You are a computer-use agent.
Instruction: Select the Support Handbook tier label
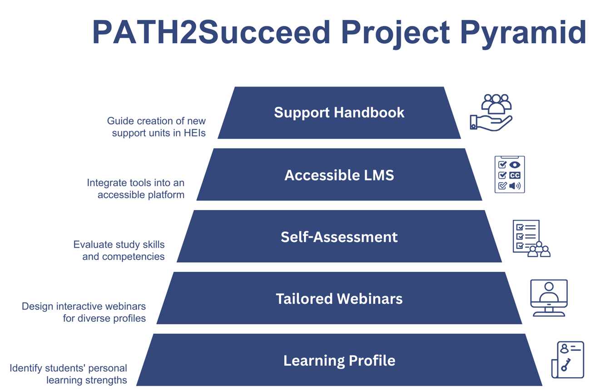click(x=339, y=112)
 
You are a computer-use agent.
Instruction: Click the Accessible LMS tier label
click(x=339, y=175)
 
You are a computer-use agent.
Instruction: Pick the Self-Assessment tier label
click(x=339, y=237)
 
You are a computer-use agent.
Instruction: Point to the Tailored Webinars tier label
click(x=339, y=299)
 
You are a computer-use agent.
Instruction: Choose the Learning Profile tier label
click(x=339, y=360)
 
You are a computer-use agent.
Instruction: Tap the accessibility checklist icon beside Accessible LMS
click(x=509, y=175)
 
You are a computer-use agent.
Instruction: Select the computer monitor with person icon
click(x=549, y=298)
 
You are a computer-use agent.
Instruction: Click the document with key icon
click(x=567, y=360)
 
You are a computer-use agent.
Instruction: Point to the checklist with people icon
click(x=531, y=239)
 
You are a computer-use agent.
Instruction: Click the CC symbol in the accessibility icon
click(x=515, y=175)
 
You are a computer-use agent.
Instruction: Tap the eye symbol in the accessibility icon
click(x=515, y=165)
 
